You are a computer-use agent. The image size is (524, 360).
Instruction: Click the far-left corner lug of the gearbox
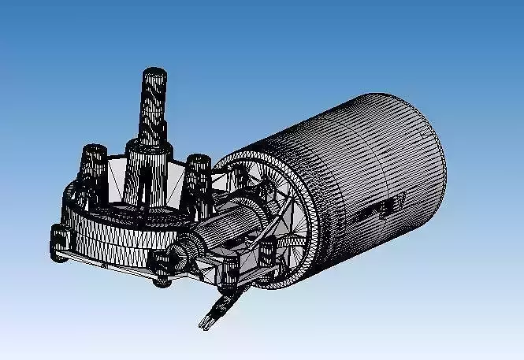point(60,241)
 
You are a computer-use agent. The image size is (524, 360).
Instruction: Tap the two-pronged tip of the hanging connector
point(207,320)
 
